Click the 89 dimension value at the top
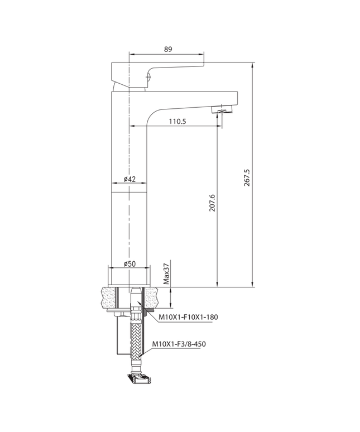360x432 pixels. (x=168, y=49)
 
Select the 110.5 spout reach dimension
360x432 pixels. (x=177, y=121)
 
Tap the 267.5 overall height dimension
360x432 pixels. (x=247, y=177)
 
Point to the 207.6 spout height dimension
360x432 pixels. (x=212, y=203)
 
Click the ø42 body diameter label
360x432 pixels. (x=129, y=179)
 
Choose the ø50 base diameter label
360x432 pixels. (x=129, y=263)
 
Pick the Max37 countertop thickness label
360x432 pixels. (x=166, y=273)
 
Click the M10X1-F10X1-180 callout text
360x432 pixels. (x=188, y=317)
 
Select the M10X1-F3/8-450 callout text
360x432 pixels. (x=179, y=344)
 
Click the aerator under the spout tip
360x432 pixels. (x=222, y=110)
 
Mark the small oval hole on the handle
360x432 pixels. (x=148, y=76)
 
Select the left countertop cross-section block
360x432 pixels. (x=109, y=297)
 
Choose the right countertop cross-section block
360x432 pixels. (x=151, y=297)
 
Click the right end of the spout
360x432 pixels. (x=237, y=98)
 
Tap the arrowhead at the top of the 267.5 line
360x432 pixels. (x=252, y=65)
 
